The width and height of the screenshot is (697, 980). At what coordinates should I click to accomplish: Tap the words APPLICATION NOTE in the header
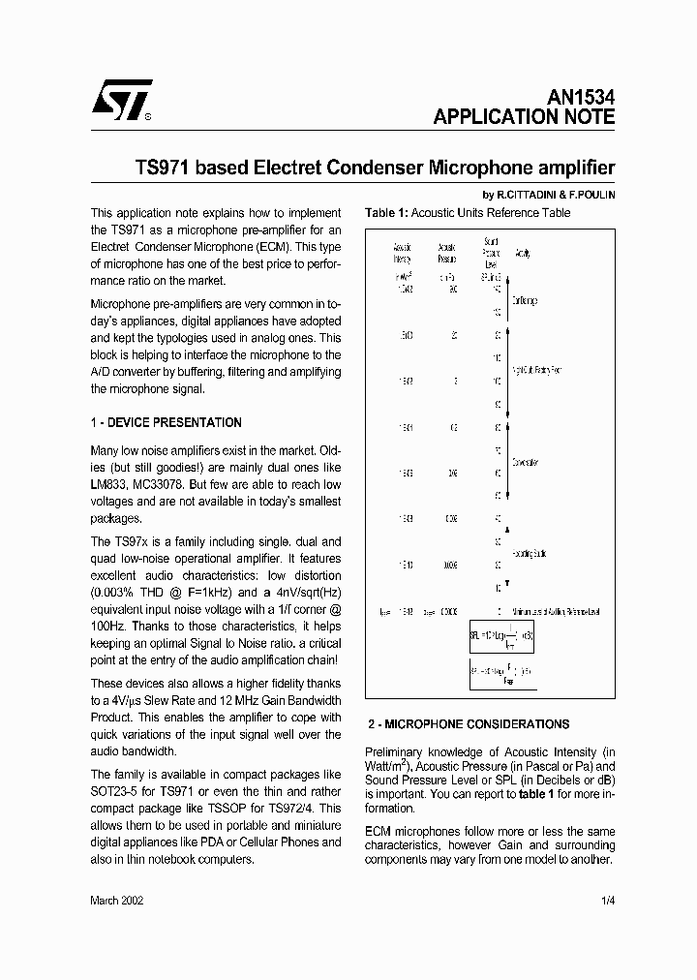[x=523, y=117]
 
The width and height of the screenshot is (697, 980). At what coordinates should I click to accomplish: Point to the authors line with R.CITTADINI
[x=548, y=194]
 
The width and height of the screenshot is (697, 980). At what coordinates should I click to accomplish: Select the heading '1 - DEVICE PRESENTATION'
[x=166, y=422]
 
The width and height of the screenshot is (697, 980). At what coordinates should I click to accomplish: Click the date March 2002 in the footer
[x=117, y=900]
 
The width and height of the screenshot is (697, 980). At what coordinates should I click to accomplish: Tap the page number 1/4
[x=607, y=900]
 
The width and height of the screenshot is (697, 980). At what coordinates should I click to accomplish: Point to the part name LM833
[x=109, y=483]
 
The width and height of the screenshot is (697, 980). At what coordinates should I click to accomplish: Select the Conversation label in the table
[x=526, y=462]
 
